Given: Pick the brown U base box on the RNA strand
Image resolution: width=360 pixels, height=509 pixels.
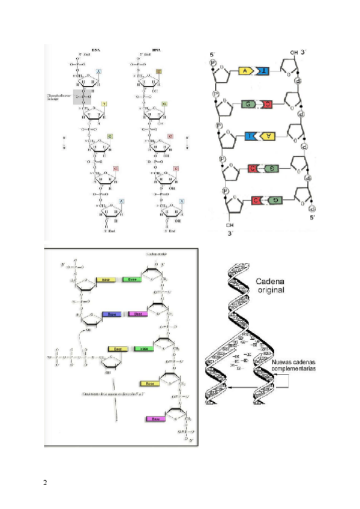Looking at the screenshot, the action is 159,71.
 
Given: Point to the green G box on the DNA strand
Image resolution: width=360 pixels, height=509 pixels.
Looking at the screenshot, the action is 110,137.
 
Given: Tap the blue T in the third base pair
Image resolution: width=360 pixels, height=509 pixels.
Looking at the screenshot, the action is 248,137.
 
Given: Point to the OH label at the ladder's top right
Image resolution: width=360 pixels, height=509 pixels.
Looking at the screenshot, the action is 294,53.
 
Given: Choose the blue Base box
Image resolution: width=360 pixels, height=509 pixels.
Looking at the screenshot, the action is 109,314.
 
